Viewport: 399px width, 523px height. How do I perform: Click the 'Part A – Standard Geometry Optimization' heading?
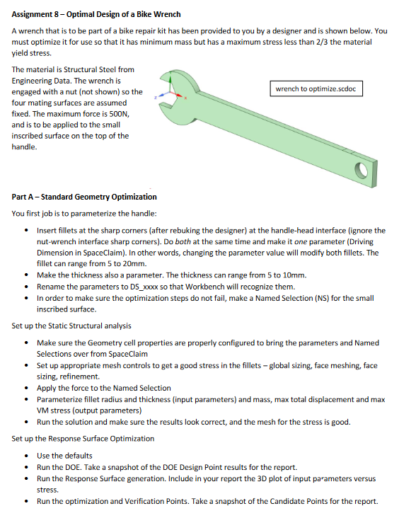click(84, 196)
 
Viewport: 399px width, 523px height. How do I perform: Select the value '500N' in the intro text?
click(116, 113)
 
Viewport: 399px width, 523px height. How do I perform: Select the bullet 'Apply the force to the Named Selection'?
click(104, 388)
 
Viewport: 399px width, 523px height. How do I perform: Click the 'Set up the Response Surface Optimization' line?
click(83, 439)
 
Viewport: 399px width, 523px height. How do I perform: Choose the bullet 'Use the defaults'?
click(64, 456)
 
